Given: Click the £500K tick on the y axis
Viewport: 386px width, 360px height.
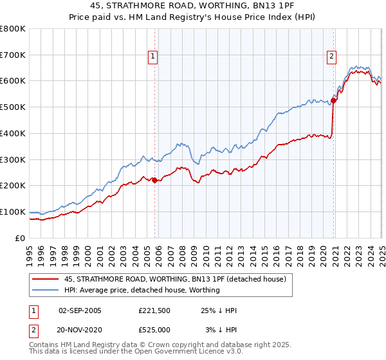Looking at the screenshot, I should tap(13, 107).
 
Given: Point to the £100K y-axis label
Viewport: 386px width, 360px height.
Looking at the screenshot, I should tap(13, 212).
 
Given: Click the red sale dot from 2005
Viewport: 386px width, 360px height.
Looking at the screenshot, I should tap(154, 180).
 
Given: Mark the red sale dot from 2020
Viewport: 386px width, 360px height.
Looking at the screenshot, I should tap(334, 100).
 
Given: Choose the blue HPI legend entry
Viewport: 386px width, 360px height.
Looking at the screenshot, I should tap(142, 290).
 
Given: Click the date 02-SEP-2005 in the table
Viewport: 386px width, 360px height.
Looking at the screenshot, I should tap(80, 310).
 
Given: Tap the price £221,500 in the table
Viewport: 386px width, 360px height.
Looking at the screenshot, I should tap(154, 310).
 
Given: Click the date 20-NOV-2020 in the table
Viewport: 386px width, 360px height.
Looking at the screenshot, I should tap(80, 330).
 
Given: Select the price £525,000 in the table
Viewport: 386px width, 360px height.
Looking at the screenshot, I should tap(154, 330).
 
